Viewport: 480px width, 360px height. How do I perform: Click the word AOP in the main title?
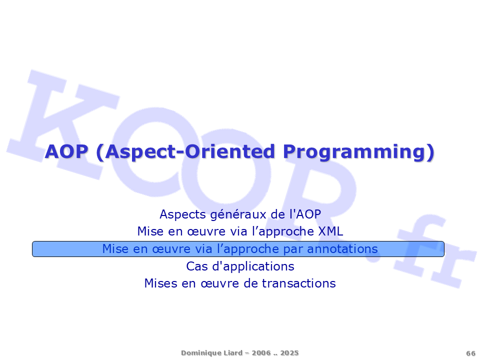[66, 151]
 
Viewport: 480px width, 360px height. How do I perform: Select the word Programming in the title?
[355, 152]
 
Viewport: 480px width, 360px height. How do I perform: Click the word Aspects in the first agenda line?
[183, 214]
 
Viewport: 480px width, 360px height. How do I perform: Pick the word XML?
[330, 231]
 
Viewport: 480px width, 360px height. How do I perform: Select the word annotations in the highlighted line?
[342, 249]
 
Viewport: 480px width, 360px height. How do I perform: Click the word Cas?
[197, 266]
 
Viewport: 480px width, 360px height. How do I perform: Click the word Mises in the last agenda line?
[160, 283]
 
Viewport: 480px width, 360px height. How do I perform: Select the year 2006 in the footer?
[261, 353]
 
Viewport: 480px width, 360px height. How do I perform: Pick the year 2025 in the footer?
[289, 353]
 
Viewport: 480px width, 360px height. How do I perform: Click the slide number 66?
[470, 353]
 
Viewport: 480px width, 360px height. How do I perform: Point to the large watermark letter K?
[63, 124]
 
